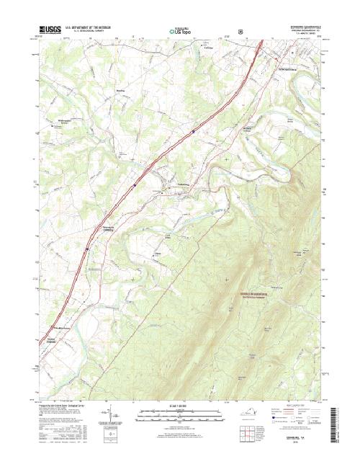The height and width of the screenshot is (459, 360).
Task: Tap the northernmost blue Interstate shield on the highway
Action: point(193,131)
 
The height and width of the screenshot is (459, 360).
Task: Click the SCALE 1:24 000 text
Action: point(179,406)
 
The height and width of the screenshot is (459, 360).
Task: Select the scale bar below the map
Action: point(179,414)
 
